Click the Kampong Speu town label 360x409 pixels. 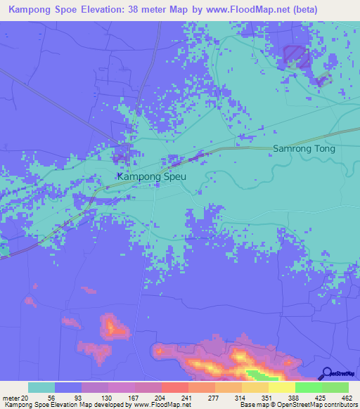(151, 176)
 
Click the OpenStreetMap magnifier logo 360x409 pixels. (327, 373)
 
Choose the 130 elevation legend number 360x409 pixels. (104, 397)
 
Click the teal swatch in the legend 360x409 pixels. (41, 387)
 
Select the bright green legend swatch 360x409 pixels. (308, 387)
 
